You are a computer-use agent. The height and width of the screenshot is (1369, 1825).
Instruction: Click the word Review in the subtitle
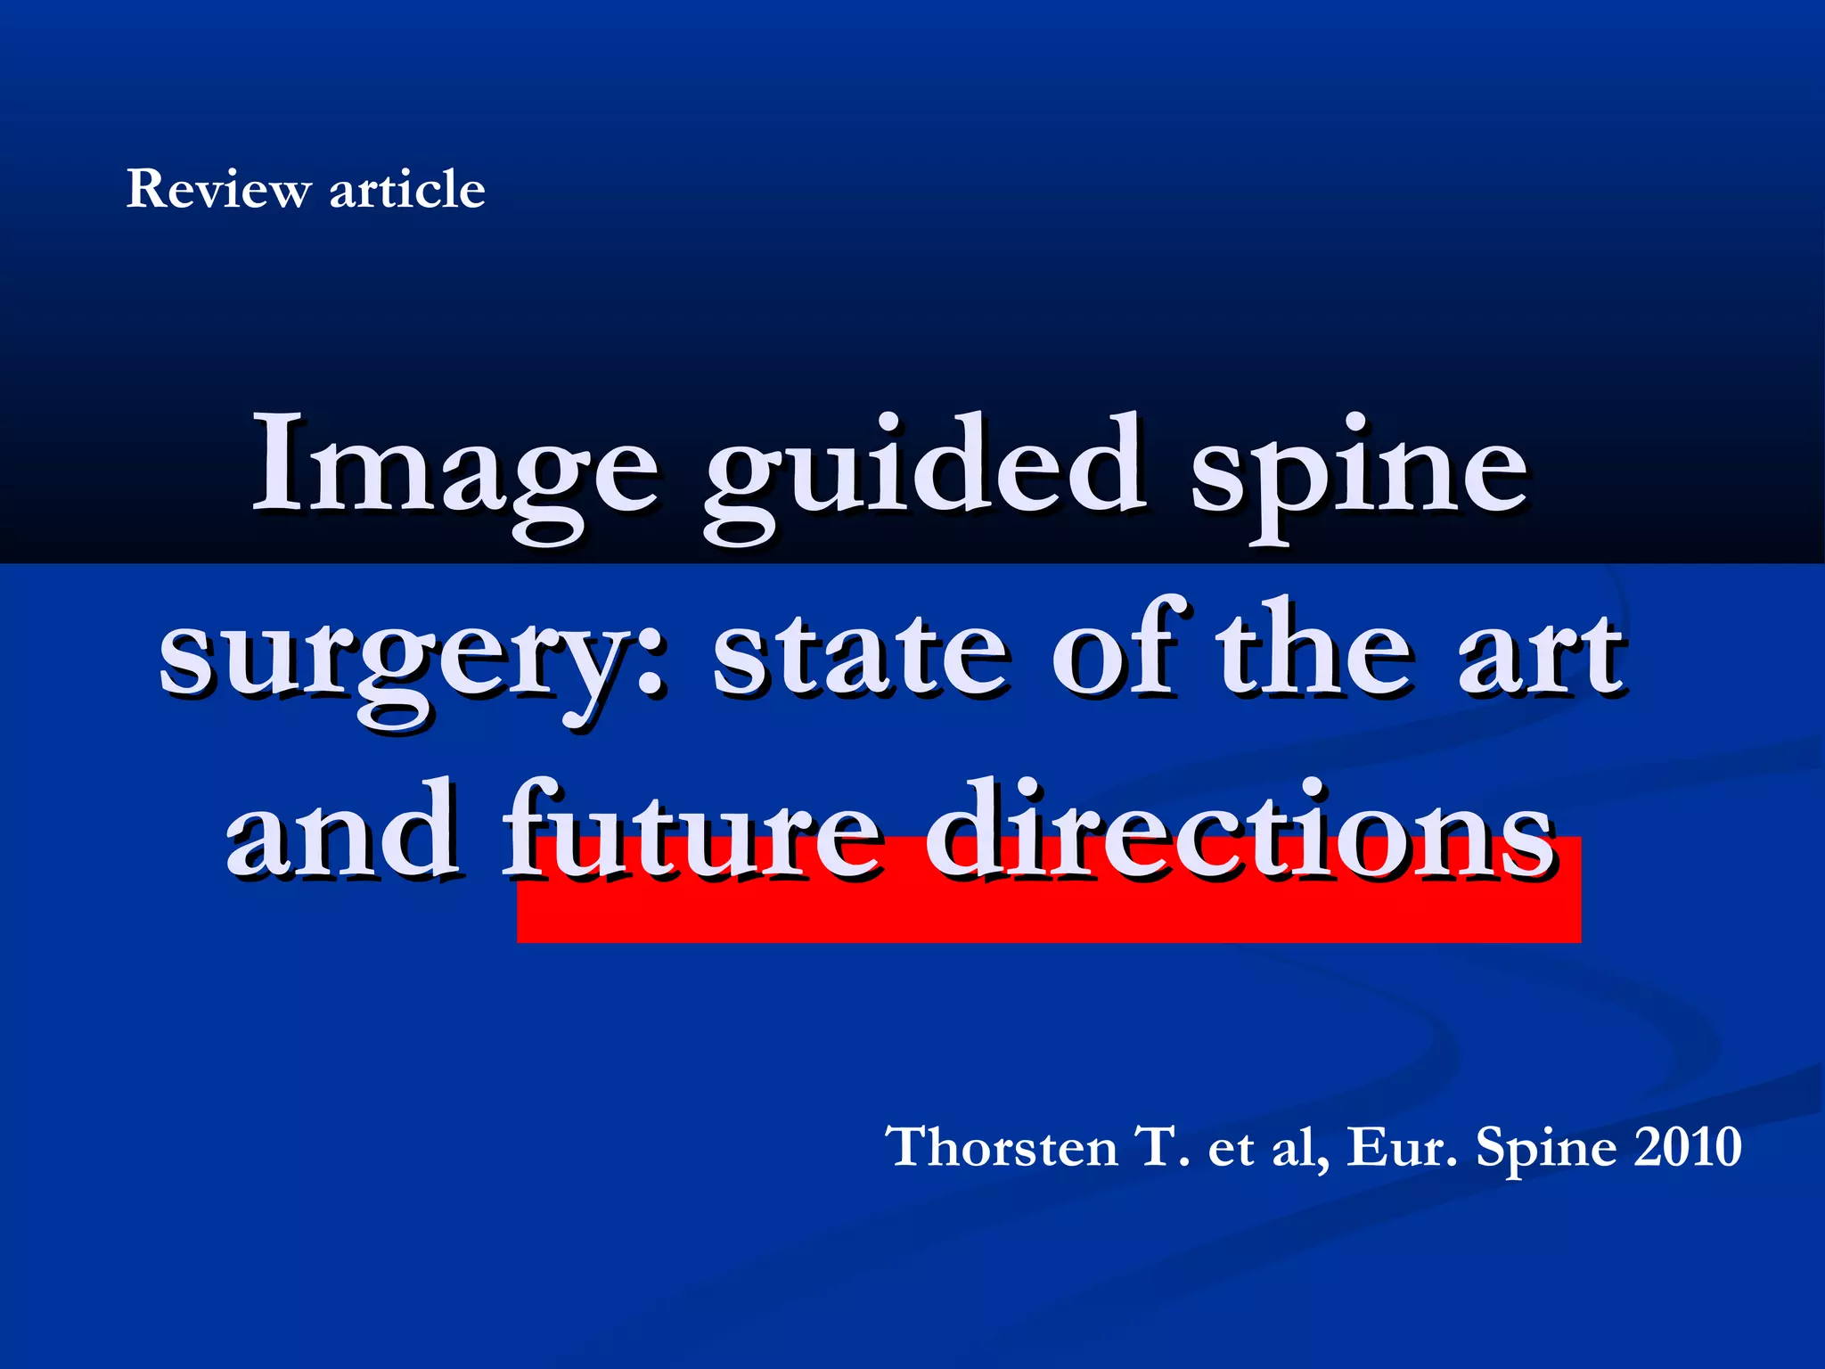tap(218, 189)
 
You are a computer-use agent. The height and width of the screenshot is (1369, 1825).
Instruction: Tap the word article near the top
tap(407, 189)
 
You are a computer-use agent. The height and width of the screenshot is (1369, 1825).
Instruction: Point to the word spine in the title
tap(1359, 472)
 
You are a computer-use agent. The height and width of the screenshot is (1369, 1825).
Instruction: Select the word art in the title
tap(1542, 655)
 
